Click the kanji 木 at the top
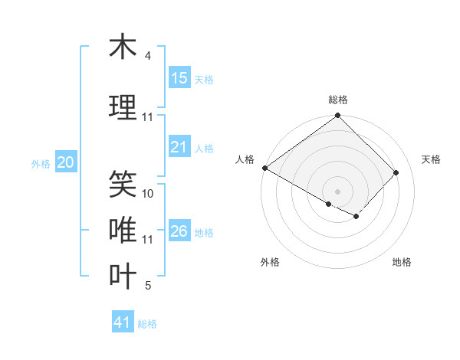[x=123, y=47]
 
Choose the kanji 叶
[x=123, y=277]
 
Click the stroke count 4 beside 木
[x=147, y=56]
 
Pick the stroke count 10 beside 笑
[x=148, y=194]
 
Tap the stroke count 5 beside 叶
[x=147, y=286]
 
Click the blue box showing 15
[x=179, y=78]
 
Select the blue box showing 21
[x=179, y=147]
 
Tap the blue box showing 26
[x=179, y=231]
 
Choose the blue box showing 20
[x=66, y=162]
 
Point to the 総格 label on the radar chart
[x=337, y=100]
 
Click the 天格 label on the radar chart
[x=432, y=159]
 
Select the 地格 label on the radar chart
[x=402, y=262]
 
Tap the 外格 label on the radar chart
[x=270, y=262]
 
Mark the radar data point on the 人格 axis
[x=264, y=168]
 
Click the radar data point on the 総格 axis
[x=337, y=116]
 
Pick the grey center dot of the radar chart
[x=337, y=191]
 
